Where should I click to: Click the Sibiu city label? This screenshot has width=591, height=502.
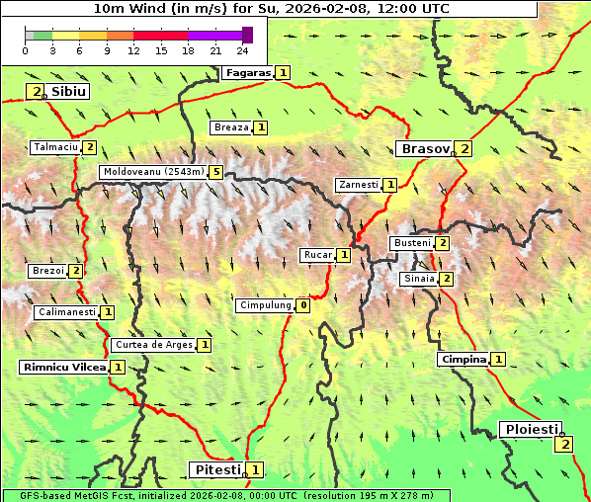pos(69,91)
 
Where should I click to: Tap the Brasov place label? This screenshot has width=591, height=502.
pos(423,149)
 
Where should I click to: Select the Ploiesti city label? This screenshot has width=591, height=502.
pos(531,430)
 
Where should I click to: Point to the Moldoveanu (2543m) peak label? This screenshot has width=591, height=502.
pos(153,172)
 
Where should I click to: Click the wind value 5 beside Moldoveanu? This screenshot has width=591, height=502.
pos(215,172)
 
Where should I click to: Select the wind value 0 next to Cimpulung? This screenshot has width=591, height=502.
pos(303,306)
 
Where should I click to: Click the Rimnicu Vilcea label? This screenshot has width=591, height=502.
pos(63,368)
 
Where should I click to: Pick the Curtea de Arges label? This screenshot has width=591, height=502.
pos(152,345)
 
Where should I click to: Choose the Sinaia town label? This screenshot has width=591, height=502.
pos(418,280)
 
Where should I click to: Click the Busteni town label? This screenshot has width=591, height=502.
pos(411,243)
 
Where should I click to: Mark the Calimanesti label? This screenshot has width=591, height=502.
pos(66,312)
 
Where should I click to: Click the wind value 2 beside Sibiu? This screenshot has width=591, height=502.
pos(37,92)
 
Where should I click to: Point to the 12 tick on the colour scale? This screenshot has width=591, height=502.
pos(132,50)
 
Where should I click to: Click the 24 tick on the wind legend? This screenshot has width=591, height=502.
pos(242,50)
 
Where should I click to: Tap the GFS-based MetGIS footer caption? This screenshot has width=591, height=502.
pos(226,495)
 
